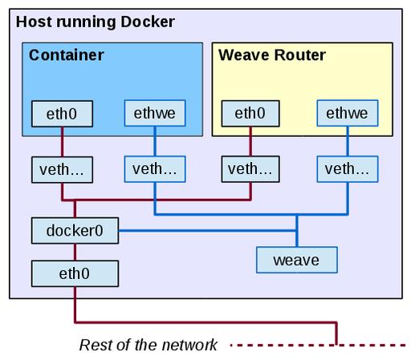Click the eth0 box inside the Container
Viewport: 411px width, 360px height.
pyautogui.click(x=62, y=114)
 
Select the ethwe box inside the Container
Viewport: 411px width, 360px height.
pyautogui.click(x=155, y=113)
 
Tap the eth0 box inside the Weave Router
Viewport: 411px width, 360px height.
pyautogui.click(x=250, y=113)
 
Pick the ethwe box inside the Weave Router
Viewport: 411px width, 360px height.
pyautogui.click(x=348, y=113)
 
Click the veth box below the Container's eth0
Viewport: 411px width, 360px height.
pyautogui.click(x=62, y=170)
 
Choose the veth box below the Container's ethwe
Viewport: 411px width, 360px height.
pyautogui.click(x=155, y=169)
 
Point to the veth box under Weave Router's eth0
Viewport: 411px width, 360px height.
pyautogui.click(x=250, y=169)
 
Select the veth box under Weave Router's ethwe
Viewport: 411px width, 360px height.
pyautogui.click(x=348, y=169)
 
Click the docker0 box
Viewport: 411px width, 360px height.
pyautogui.click(x=75, y=231)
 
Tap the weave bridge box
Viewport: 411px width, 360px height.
pyautogui.click(x=297, y=260)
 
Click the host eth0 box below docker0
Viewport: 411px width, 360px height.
pyautogui.click(x=75, y=273)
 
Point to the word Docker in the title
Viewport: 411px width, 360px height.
pyautogui.click(x=148, y=22)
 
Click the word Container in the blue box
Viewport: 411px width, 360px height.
pyautogui.click(x=67, y=55)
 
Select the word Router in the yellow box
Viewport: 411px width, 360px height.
pyautogui.click(x=300, y=55)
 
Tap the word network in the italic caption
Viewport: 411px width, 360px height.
pyautogui.click(x=189, y=345)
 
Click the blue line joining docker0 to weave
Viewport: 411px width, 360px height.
pyautogui.click(x=207, y=231)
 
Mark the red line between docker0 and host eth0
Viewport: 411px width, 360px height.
pyautogui.click(x=75, y=253)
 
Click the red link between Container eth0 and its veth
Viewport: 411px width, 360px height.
pyautogui.click(x=62, y=142)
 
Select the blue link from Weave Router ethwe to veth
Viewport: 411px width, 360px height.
pyautogui.click(x=348, y=141)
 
